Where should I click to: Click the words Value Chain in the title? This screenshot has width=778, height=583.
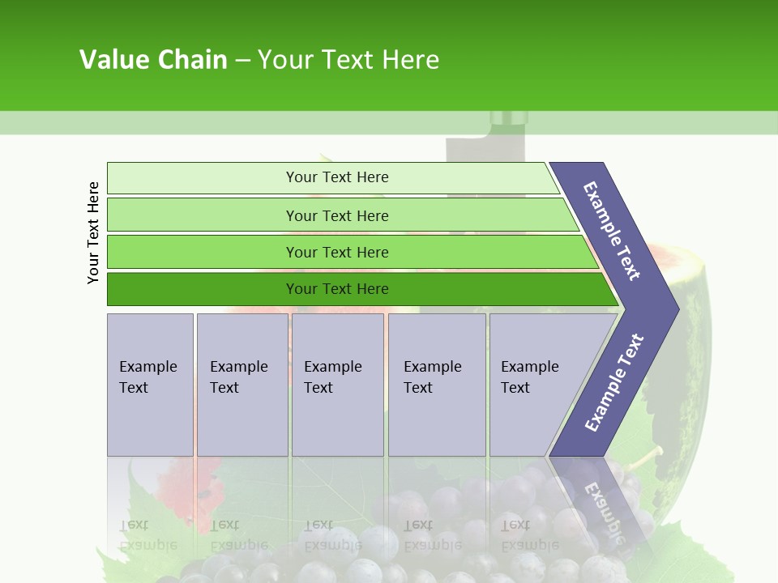click(153, 60)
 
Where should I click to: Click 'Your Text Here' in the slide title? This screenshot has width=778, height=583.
click(348, 60)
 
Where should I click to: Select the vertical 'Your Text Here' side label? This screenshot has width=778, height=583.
click(93, 232)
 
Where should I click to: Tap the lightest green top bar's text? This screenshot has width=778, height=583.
click(337, 177)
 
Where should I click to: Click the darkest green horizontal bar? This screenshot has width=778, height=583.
click(357, 289)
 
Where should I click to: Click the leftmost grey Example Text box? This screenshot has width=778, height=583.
click(150, 385)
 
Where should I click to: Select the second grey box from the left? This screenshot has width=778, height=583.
click(242, 385)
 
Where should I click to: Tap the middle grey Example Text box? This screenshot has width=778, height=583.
click(337, 385)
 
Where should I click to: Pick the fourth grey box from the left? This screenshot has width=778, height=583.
click(436, 385)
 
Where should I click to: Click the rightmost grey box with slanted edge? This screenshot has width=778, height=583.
click(539, 385)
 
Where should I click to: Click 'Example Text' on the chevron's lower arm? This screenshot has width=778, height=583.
click(613, 383)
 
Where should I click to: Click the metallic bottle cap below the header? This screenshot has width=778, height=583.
click(508, 120)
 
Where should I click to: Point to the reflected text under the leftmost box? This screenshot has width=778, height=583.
click(148, 534)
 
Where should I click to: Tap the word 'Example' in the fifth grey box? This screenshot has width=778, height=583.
click(529, 367)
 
